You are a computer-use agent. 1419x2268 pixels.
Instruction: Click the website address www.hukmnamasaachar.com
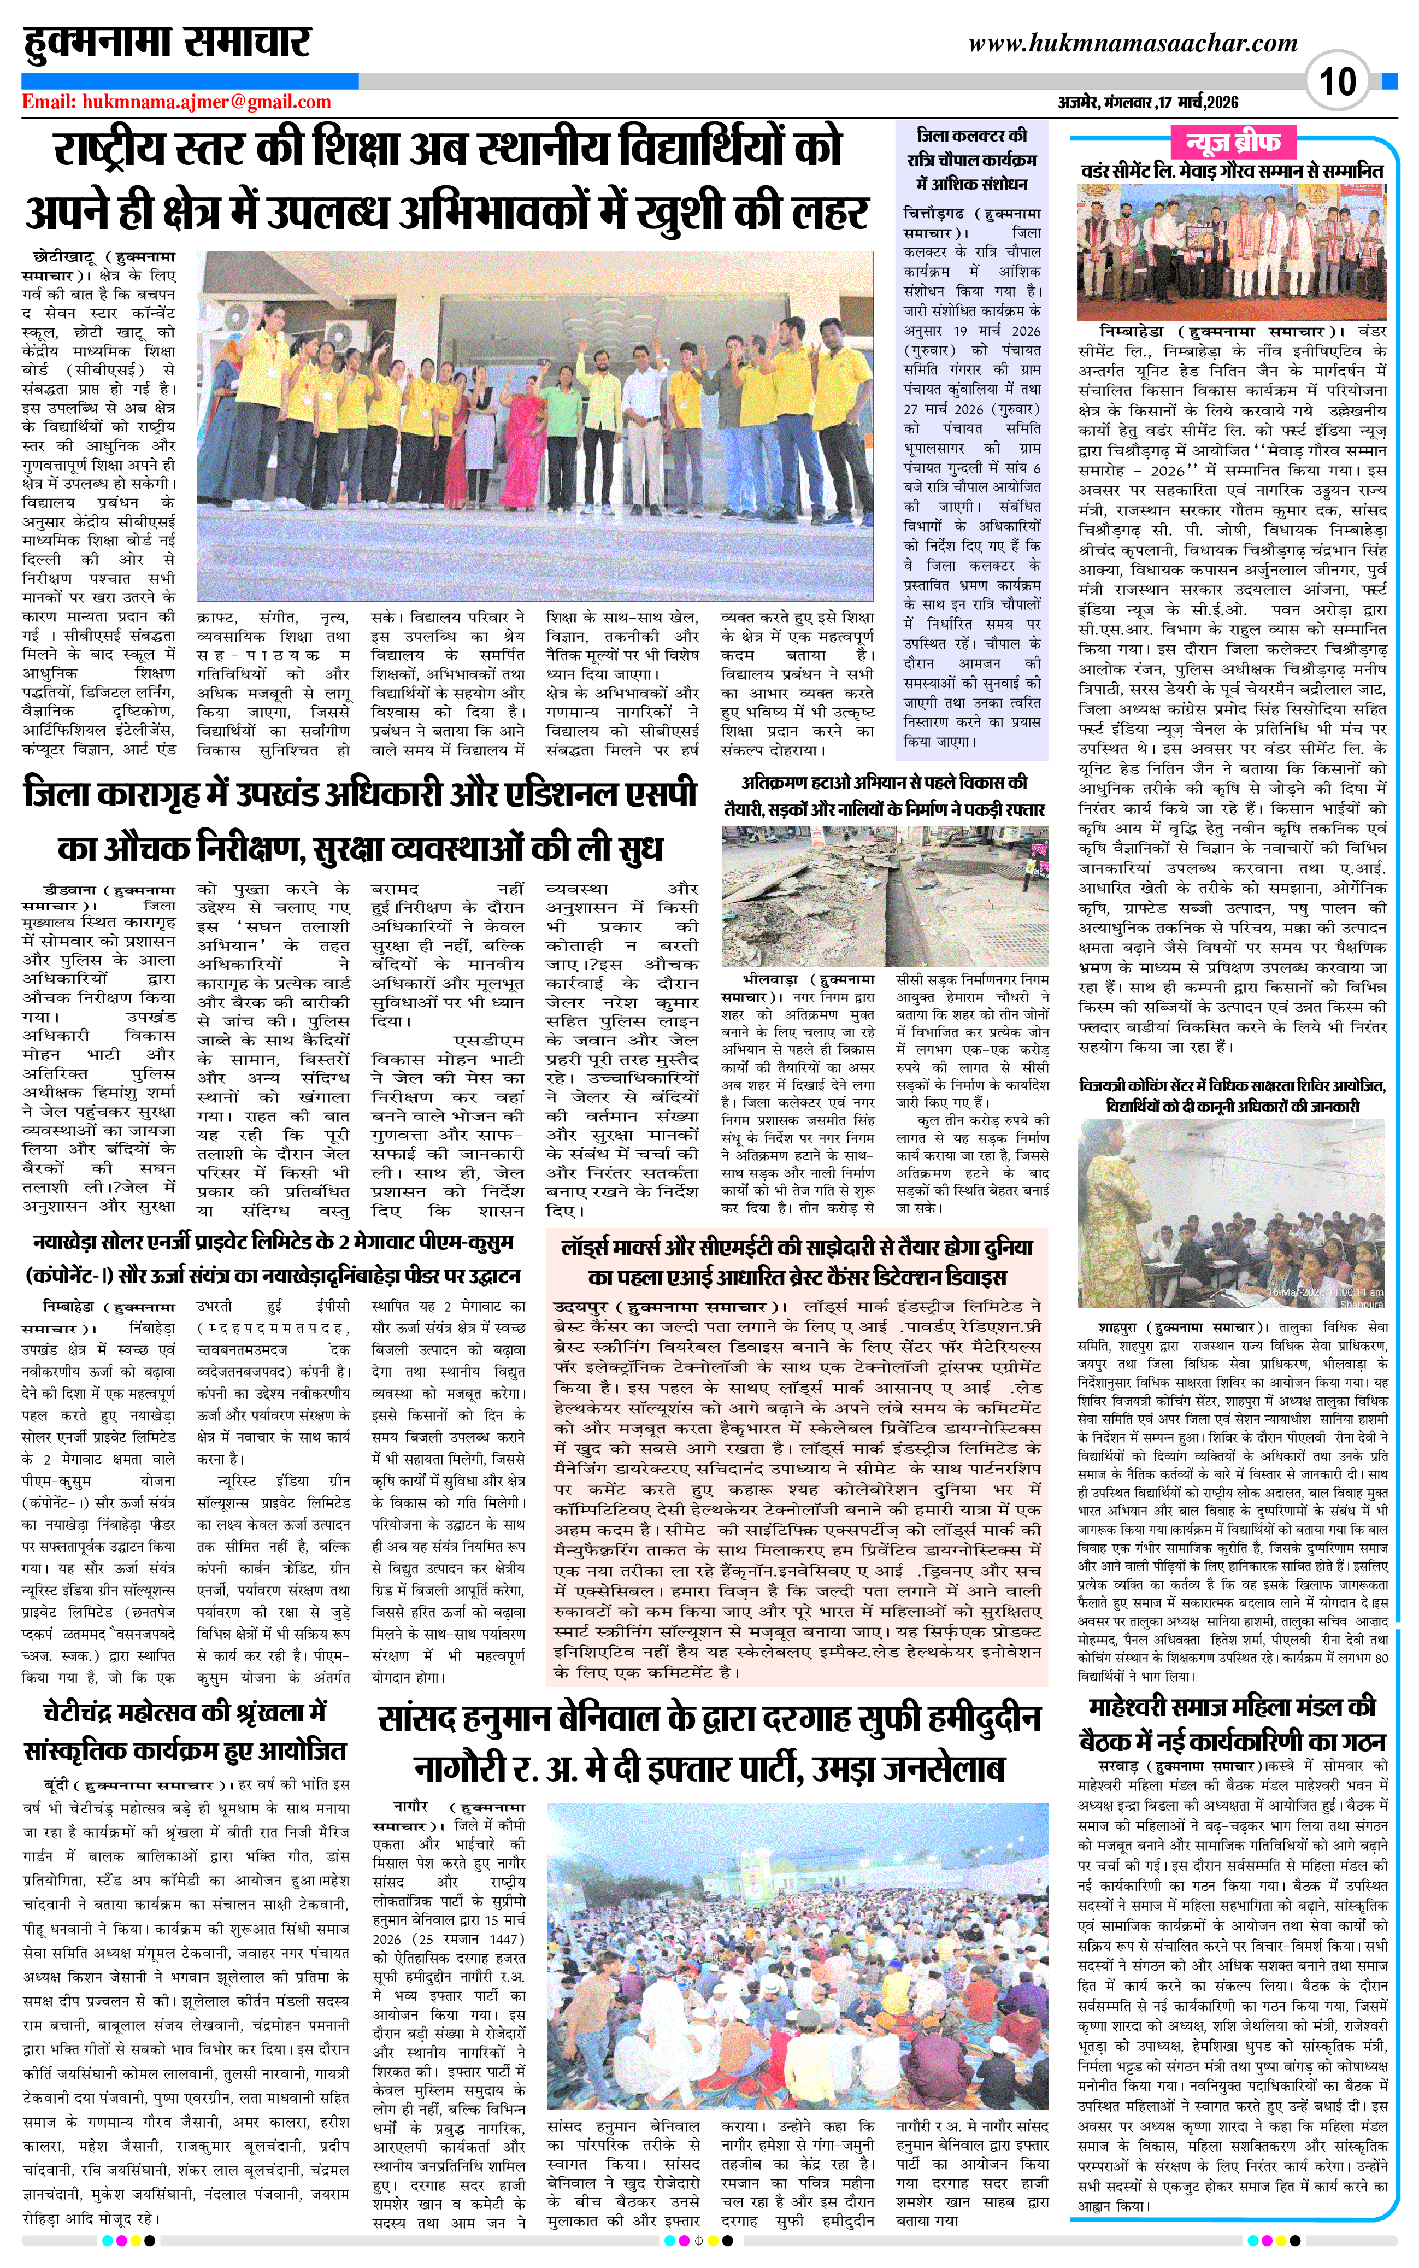(x=1133, y=43)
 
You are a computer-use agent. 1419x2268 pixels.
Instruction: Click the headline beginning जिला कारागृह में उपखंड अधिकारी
(x=361, y=820)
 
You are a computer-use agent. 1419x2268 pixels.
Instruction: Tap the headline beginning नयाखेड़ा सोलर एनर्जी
(x=272, y=1258)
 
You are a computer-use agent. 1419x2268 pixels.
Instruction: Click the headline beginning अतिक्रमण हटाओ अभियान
(x=885, y=794)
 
